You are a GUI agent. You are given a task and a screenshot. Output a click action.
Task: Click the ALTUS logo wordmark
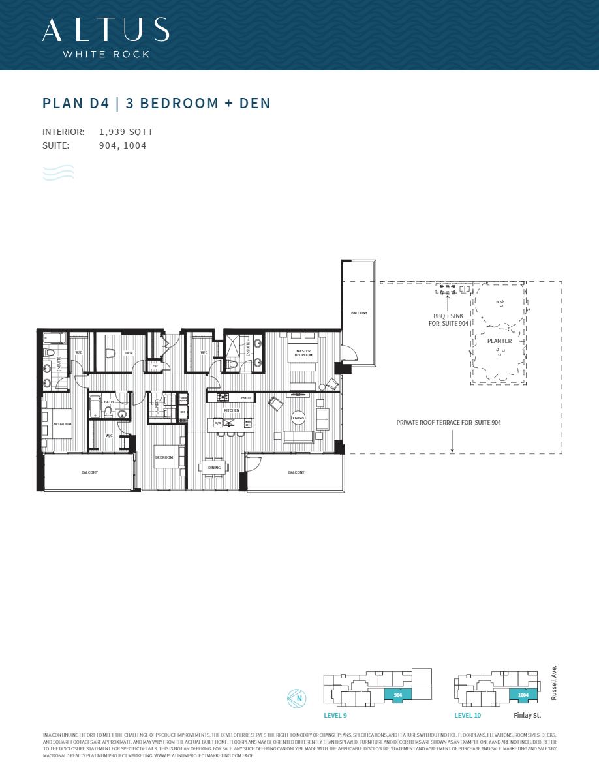pos(105,30)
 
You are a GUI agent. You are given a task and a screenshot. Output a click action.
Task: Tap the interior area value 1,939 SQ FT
pos(126,132)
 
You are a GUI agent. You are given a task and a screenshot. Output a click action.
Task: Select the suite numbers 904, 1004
pos(123,145)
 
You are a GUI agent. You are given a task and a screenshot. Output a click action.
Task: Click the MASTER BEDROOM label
pos(303,353)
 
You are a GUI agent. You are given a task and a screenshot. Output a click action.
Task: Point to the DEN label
pos(129,353)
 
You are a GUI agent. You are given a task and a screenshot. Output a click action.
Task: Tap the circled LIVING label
pos(298,418)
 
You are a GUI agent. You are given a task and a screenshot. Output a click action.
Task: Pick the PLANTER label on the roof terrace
pos(499,341)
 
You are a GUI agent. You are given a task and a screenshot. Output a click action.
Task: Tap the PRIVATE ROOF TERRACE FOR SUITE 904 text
pos(448,423)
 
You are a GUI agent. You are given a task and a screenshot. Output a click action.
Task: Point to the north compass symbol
pos(296,698)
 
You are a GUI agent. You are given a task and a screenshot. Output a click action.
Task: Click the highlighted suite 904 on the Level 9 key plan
pos(397,695)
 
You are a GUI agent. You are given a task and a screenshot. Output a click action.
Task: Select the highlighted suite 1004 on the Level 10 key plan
pos(523,695)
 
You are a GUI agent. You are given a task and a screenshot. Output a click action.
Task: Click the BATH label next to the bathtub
pos(109,402)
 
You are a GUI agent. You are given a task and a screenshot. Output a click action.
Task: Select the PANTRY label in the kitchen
pos(246,397)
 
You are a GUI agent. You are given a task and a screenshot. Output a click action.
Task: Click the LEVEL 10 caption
pos(468,716)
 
